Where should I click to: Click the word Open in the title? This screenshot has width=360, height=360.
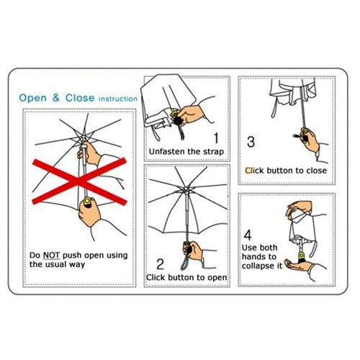(x=33, y=99)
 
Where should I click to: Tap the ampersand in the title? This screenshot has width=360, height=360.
(x=56, y=98)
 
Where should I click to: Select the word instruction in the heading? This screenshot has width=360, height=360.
(x=118, y=99)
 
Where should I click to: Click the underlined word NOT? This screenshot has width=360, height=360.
(x=51, y=255)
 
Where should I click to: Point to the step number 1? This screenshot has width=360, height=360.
(x=216, y=138)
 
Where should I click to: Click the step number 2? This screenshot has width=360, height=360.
(x=160, y=264)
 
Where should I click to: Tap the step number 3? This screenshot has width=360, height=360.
(x=251, y=142)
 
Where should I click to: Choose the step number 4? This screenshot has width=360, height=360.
(x=248, y=235)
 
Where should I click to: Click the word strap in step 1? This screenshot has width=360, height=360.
(x=213, y=152)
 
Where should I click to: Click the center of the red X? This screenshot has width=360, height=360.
(x=79, y=181)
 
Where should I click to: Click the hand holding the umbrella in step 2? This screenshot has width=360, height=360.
(x=194, y=251)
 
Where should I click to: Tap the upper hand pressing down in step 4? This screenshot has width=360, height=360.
(x=299, y=208)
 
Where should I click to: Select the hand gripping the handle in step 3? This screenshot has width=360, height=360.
(x=310, y=140)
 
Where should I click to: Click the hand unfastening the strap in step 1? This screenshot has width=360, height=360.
(x=189, y=116)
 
